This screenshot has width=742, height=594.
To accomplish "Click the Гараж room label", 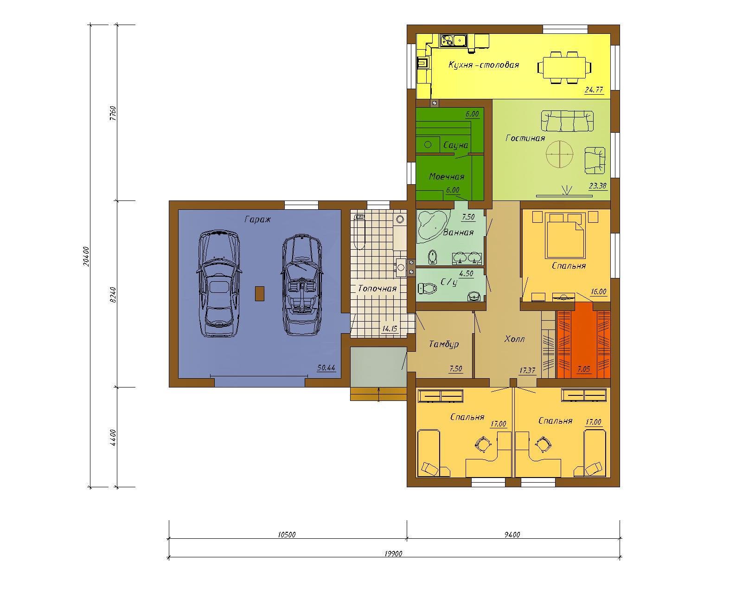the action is tap(257, 220).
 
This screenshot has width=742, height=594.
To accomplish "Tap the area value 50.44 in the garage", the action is tap(326, 368).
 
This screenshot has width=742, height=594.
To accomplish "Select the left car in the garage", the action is tap(218, 283).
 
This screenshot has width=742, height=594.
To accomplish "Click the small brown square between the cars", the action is tap(260, 294).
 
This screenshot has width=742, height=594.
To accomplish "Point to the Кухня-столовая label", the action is tap(484, 65).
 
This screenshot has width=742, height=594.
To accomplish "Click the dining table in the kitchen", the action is tap(564, 67).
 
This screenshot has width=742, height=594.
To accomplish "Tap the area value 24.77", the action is tap(594, 90).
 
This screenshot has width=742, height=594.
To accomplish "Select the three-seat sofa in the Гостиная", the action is tap(567, 121).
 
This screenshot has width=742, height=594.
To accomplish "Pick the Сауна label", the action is tap(456, 145).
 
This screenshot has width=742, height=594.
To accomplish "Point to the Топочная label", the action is tap(377, 289).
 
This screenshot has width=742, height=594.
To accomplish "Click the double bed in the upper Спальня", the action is tap(565, 235).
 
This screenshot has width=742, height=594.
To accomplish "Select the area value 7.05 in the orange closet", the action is tap(584, 369).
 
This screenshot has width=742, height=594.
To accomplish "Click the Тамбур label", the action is tap(444, 344).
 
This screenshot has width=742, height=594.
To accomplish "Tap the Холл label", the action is tap(514, 339).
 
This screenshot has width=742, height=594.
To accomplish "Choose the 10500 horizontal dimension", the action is tap(287, 535).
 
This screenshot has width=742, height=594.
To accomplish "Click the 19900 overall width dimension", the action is tap(393, 554).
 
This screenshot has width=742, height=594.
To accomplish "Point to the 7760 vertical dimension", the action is tap(113, 113).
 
